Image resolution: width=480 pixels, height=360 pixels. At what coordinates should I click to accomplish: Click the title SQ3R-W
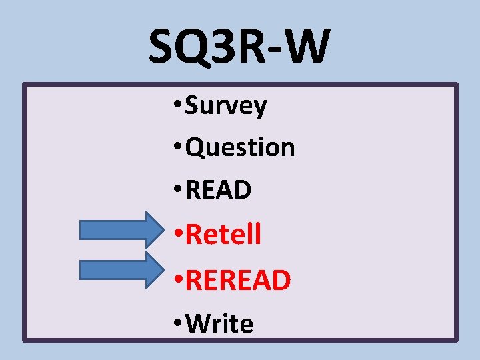pos(239,47)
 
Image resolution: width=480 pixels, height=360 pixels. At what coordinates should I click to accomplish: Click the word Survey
pos(226,106)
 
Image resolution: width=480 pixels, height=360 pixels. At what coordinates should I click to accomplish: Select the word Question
pos(240,147)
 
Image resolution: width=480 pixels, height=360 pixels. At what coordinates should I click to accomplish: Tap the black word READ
pos(218,191)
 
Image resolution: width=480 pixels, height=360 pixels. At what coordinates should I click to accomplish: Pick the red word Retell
pos(223,234)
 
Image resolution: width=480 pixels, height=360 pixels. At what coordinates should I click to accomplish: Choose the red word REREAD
pos(238,281)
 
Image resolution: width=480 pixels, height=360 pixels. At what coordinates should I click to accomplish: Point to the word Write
pos(219,324)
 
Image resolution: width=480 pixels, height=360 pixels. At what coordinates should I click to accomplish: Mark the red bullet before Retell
pos(177,235)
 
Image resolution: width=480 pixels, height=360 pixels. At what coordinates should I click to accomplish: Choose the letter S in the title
pos(162,47)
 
